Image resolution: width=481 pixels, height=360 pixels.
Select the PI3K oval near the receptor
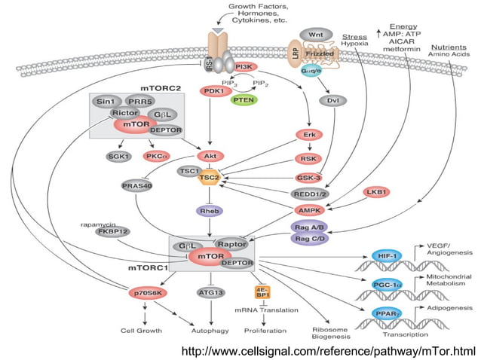(x=244, y=67)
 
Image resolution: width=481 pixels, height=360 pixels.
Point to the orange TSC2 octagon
(x=210, y=178)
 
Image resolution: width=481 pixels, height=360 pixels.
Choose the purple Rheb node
(x=209, y=212)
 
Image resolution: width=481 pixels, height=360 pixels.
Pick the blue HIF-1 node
(x=388, y=255)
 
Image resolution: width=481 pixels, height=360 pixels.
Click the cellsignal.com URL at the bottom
(x=329, y=350)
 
